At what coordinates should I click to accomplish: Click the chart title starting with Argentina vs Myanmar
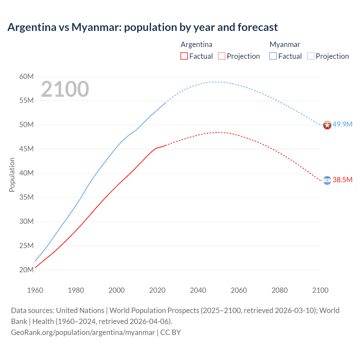pos(142,27)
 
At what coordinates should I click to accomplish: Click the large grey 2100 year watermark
pos(65,89)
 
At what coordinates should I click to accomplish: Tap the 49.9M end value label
pos(342,124)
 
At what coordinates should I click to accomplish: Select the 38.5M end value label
pos(342,180)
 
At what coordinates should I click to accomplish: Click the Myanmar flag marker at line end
pos(327,125)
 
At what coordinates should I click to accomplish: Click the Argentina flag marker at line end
pos(327,180)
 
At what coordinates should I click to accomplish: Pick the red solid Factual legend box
pos(184,56)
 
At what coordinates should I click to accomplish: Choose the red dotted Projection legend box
pos(222,56)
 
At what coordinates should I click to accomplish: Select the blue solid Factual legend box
pos(273,56)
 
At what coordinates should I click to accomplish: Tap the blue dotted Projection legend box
pos(310,56)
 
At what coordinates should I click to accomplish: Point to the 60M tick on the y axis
pos(26,76)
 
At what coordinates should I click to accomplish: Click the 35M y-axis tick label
pos(26,197)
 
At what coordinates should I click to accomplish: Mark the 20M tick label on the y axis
pos(26,270)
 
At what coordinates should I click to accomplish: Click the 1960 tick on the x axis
pos(35,290)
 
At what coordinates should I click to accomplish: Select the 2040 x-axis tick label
pos(198,290)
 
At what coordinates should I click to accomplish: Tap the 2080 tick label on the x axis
pos(280,290)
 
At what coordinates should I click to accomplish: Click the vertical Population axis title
pos(12,175)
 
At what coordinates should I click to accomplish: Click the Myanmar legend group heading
pos(285,44)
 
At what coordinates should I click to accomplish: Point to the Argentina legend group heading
pos(196,44)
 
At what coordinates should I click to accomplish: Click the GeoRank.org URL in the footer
pos(83,332)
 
